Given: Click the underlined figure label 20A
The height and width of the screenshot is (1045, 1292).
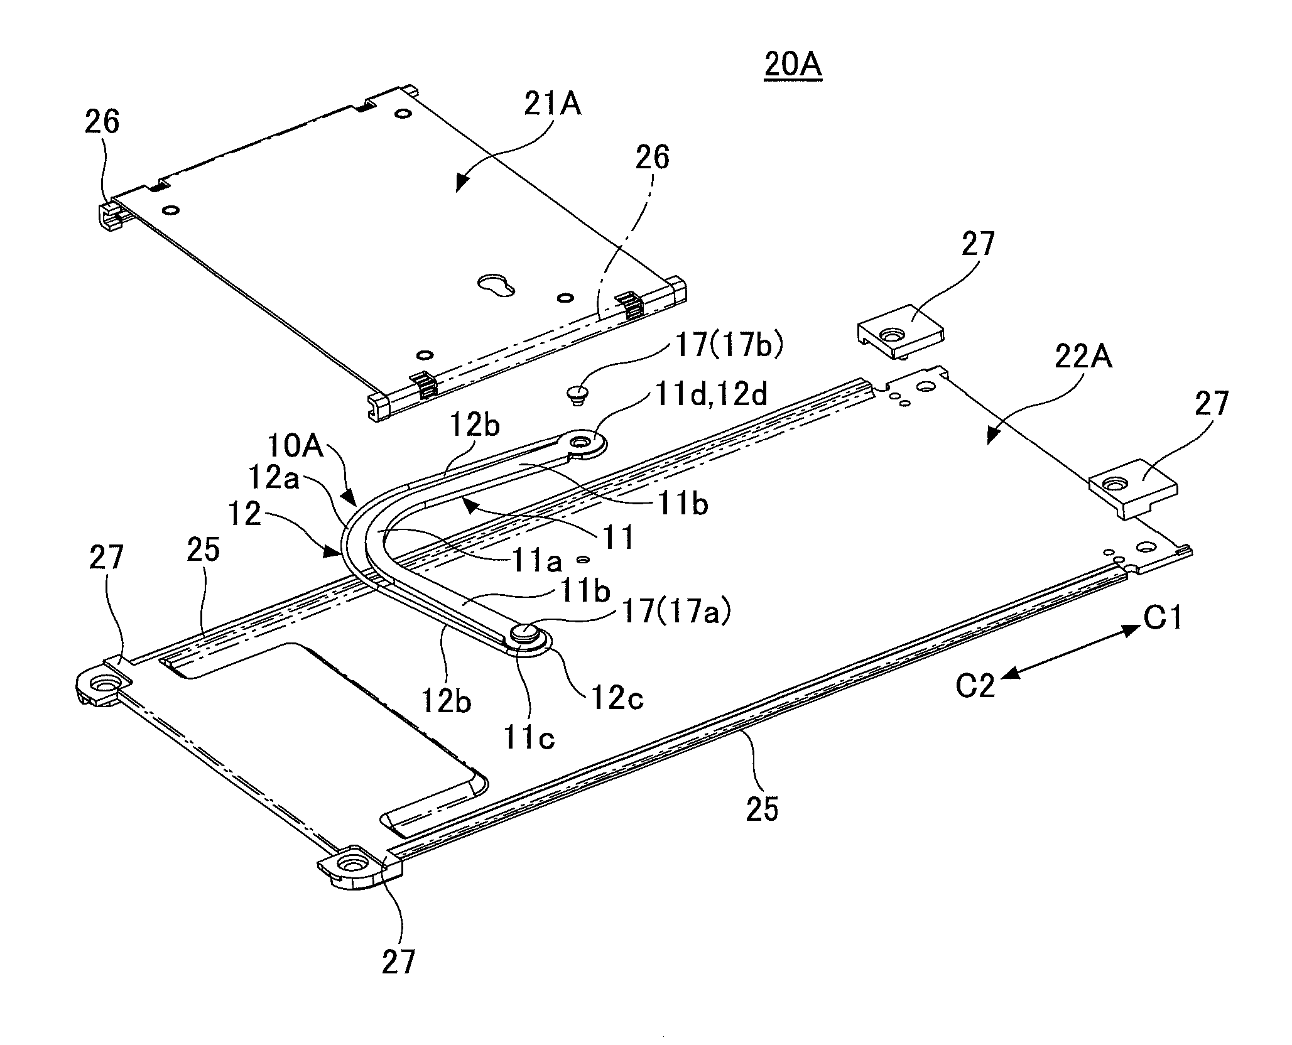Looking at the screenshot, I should point(793,66).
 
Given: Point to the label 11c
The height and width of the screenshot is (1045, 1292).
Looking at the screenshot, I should point(529,737).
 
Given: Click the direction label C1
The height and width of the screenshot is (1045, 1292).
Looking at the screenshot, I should point(1162,619).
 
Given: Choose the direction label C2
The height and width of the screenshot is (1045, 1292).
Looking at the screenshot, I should point(975,686).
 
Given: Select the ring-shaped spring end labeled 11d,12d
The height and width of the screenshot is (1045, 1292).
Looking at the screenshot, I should point(585,443).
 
